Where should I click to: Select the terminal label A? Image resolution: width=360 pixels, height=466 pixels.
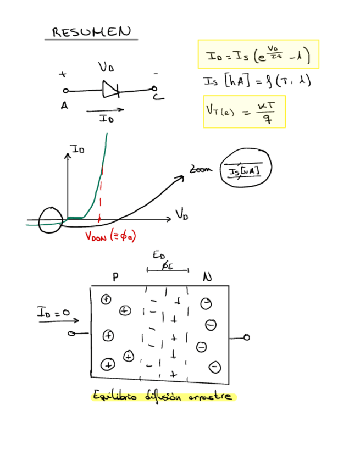point(64,107)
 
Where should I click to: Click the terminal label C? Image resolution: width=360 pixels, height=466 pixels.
point(158,97)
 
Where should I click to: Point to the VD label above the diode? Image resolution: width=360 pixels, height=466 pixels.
point(106,68)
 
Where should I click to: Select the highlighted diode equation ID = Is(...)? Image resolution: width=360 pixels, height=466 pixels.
point(258,54)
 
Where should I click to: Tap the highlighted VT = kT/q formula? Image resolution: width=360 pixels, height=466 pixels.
point(243,112)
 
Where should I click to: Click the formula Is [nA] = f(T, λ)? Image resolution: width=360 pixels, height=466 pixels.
point(257,81)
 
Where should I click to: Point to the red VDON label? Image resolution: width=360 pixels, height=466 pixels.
point(110,236)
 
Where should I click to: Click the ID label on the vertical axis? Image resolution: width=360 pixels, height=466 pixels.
point(77,148)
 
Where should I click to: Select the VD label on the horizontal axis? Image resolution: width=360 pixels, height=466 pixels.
point(182,214)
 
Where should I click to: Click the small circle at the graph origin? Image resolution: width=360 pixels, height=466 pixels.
point(51,220)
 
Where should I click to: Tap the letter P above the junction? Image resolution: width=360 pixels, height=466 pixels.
point(115,278)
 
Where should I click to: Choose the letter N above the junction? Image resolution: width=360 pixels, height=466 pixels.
point(207,278)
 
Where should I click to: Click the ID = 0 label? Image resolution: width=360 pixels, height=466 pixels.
point(53,312)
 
